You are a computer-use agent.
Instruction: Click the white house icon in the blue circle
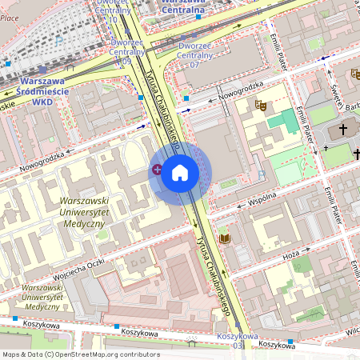[180, 172]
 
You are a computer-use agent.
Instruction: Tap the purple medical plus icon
[157, 169]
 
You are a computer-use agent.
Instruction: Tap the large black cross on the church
[344, 129]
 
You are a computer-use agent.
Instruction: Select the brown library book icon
[225, 238]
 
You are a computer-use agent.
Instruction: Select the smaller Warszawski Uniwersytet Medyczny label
[42, 297]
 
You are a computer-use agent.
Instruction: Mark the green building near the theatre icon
[283, 121]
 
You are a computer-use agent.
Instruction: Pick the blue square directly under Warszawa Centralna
[198, 16]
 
